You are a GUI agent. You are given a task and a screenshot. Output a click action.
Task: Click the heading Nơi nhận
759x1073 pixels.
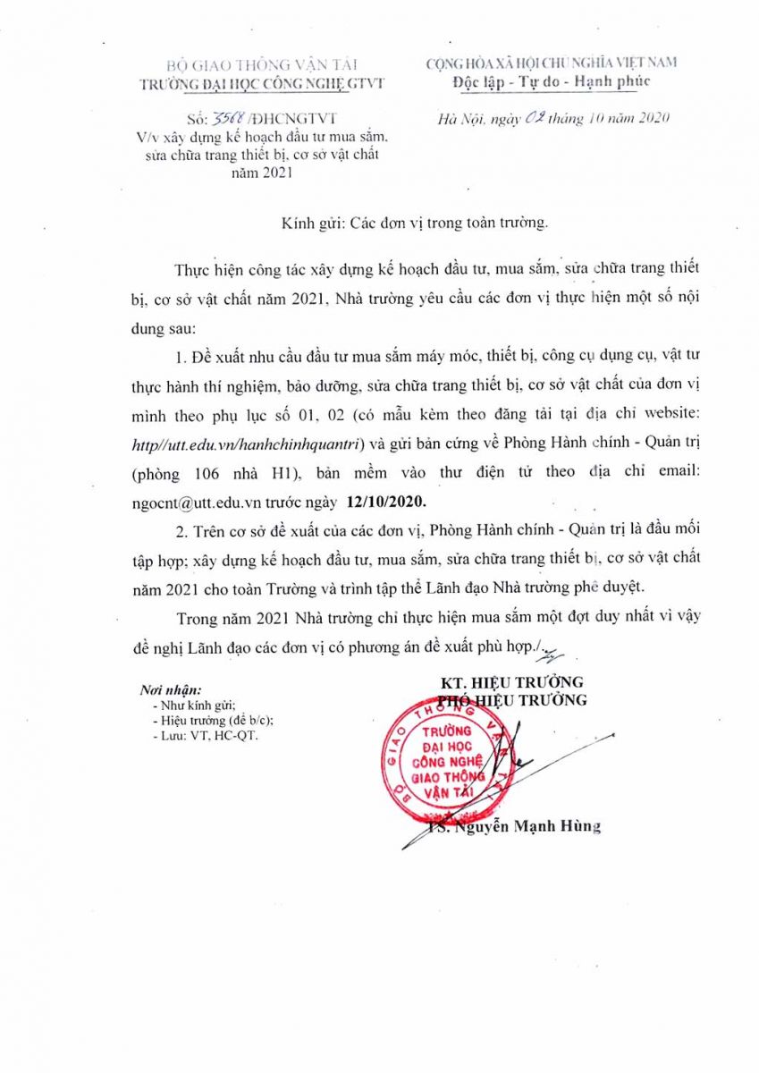point(171,690)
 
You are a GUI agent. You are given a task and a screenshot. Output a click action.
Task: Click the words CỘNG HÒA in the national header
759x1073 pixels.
point(460,63)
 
